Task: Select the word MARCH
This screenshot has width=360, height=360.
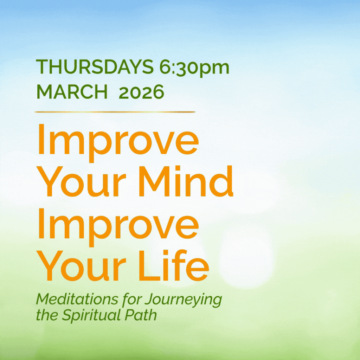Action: [72, 92]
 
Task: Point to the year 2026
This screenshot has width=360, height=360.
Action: [141, 92]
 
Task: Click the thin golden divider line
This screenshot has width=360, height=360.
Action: [115, 112]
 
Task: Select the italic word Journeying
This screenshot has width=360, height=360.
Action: [183, 301]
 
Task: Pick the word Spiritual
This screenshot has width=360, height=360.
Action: [91, 316]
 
